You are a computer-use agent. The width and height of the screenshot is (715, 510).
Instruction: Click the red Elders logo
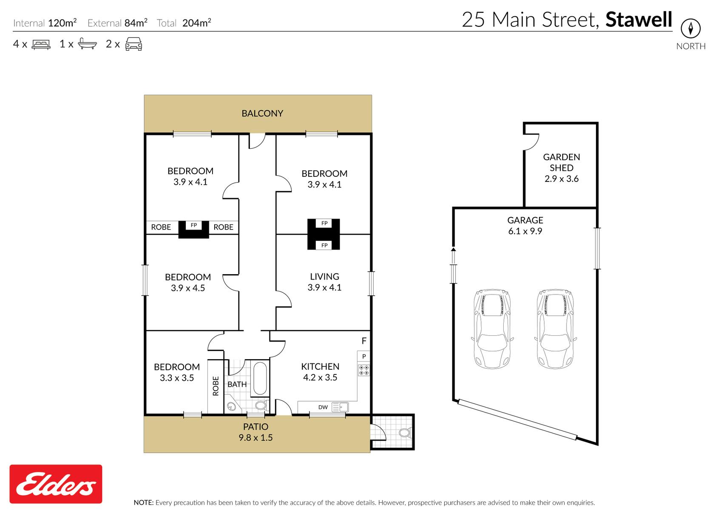56,484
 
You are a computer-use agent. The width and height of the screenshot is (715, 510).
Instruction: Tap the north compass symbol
690,28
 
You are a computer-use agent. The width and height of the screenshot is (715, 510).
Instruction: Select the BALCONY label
262,113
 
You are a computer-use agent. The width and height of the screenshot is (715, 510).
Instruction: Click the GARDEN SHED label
562,162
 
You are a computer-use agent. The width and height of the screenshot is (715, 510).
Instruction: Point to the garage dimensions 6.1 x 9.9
525,231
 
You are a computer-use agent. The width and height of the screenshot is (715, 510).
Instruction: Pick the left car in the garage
492,329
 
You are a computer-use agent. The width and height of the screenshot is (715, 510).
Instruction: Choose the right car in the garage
555,329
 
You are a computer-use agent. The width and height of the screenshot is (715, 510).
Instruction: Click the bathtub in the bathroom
260,378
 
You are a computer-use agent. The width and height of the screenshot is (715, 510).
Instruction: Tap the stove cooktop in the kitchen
363,370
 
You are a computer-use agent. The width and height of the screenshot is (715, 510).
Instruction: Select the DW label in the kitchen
323,407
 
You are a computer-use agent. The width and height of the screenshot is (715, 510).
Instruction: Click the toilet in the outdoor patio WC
404,433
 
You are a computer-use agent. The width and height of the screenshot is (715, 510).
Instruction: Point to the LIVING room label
324,276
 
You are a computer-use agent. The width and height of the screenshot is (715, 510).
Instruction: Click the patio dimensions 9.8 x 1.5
255,438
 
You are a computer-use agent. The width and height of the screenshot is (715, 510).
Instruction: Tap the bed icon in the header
41,44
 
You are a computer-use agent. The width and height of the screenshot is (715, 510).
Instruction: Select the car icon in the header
133,44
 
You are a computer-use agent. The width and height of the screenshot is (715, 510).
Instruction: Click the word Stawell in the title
639,20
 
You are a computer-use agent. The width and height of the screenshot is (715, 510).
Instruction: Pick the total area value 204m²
197,23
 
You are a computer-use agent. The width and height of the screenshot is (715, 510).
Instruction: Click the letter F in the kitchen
364,341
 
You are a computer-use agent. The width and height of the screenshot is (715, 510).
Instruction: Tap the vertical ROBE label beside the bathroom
216,386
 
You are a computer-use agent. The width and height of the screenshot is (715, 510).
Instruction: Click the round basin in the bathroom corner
231,406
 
